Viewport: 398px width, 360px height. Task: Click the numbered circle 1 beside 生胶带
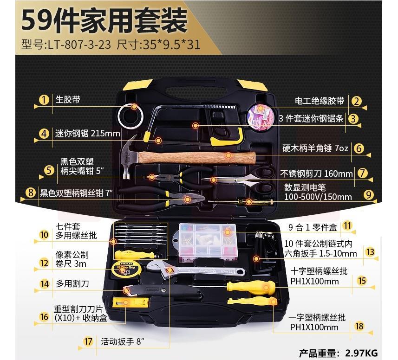point(44,100)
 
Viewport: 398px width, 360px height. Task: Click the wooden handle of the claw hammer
point(197,157)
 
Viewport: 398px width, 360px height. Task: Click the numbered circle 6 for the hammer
point(359,148)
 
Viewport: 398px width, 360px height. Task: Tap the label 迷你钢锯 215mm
point(88,133)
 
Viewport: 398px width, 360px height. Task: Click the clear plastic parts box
point(208,243)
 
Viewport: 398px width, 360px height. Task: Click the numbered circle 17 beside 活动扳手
point(88,341)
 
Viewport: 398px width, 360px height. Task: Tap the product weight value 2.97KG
point(361,353)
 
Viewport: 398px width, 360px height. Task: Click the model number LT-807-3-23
point(79,45)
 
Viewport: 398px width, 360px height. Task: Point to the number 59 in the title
point(37,20)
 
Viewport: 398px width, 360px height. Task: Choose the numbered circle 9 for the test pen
point(368,195)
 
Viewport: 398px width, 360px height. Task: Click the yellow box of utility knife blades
point(130,302)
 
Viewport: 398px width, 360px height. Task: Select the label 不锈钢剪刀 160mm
point(316,174)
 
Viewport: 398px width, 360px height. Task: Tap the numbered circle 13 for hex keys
point(370,252)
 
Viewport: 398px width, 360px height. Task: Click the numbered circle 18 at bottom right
point(359,326)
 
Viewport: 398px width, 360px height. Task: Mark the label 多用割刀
point(72,283)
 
